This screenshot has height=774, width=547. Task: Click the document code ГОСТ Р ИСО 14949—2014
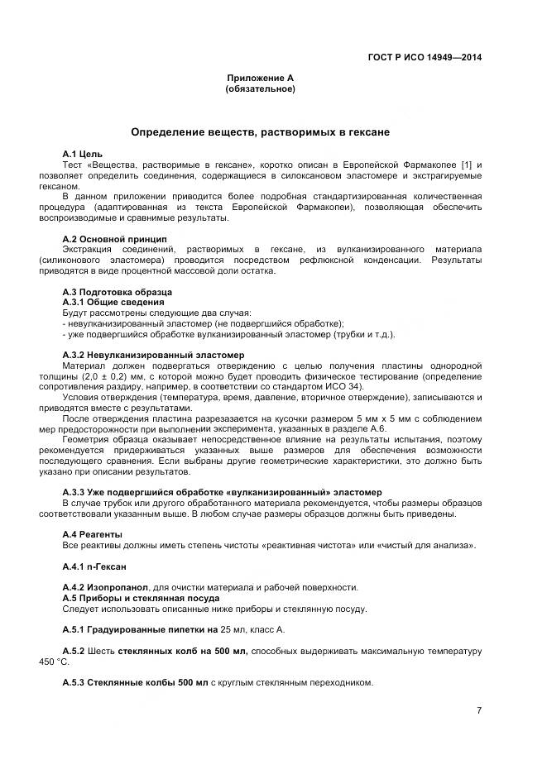coord(425,57)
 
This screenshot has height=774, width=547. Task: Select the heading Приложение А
coord(261,78)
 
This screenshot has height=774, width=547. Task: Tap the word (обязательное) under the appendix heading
coord(261,88)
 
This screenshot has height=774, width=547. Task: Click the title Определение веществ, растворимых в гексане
coord(260,131)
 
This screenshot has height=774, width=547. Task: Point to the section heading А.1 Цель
coord(83,155)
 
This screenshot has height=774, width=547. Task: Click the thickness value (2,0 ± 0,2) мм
coord(102,376)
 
